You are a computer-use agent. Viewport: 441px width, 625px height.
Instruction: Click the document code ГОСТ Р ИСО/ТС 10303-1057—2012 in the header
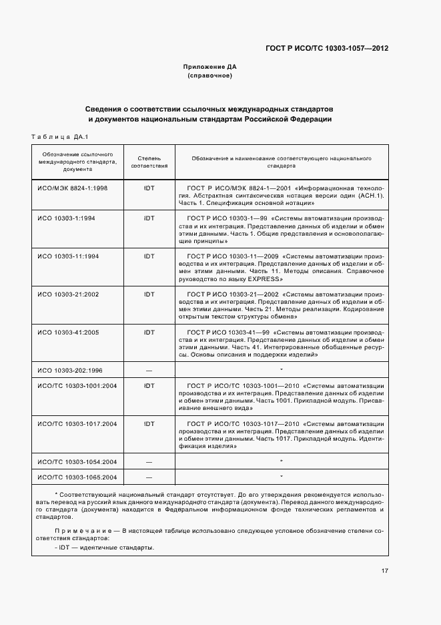326,48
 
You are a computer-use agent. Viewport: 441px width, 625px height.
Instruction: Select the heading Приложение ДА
209,67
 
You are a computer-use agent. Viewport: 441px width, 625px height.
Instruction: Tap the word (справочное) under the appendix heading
209,75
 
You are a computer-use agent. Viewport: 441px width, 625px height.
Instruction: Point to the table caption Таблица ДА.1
55,136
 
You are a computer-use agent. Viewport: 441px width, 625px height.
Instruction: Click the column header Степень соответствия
149,162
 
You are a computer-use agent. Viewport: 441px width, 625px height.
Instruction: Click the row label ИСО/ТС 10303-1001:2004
77,386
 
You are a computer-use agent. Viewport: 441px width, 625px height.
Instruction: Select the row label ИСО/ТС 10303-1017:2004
77,423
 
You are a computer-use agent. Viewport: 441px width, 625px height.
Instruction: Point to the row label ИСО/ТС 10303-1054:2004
77,461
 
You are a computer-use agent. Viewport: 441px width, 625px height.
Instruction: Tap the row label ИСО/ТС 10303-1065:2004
77,477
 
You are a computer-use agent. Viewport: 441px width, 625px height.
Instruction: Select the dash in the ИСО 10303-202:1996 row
149,369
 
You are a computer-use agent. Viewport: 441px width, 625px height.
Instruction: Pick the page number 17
385,571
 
